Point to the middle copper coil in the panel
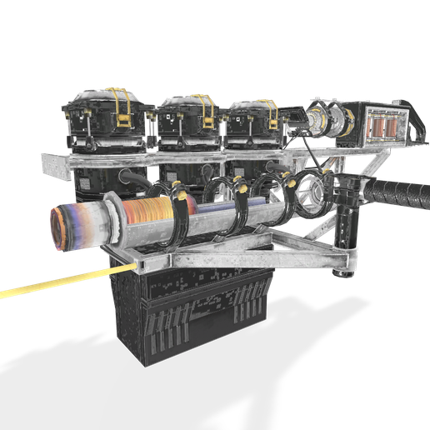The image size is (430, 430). (x=380, y=127)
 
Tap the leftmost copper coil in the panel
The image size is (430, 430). (x=371, y=127)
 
